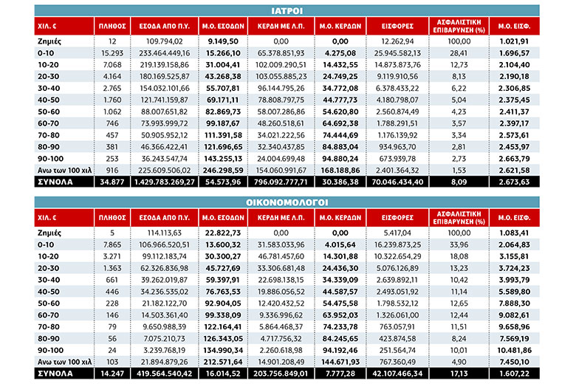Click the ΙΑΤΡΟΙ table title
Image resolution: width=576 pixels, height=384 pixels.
click(x=287, y=11)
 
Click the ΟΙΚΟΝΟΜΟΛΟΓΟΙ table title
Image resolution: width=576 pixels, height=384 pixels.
click(x=287, y=202)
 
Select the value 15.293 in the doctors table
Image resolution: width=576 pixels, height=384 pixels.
click(x=112, y=53)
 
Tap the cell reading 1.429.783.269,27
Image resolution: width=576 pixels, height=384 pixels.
click(x=164, y=182)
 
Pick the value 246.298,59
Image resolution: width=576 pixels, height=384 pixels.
click(x=223, y=171)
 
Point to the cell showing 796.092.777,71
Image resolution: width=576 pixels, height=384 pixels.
click(x=281, y=182)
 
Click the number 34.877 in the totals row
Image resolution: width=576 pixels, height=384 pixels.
click(x=112, y=182)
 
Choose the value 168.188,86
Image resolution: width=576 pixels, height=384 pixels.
click(x=340, y=171)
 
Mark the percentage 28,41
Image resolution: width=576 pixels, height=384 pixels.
click(x=459, y=53)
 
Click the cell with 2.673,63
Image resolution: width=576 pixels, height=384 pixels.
click(x=514, y=182)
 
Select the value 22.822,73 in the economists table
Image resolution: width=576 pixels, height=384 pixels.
click(x=223, y=233)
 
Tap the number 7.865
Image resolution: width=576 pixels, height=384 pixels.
click(x=112, y=244)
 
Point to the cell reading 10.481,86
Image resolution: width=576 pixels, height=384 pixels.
click(x=514, y=351)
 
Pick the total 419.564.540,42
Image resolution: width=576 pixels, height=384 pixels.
click(x=164, y=374)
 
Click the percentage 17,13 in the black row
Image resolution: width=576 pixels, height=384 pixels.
click(x=459, y=374)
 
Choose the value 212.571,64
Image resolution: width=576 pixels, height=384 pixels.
click(x=223, y=363)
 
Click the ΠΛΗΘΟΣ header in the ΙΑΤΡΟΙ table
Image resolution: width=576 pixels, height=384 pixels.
click(x=112, y=26)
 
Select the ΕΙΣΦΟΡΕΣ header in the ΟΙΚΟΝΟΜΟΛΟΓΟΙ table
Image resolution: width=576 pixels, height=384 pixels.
click(x=397, y=218)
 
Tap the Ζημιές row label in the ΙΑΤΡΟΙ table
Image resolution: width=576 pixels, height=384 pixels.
click(x=49, y=41)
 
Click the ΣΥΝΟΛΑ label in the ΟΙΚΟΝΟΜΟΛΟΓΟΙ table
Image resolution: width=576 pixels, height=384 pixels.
click(x=55, y=374)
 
